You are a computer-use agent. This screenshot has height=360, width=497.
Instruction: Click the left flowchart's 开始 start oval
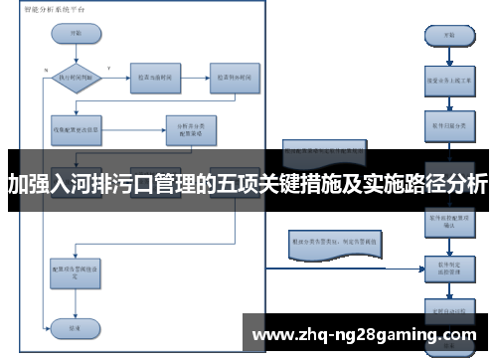76,32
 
